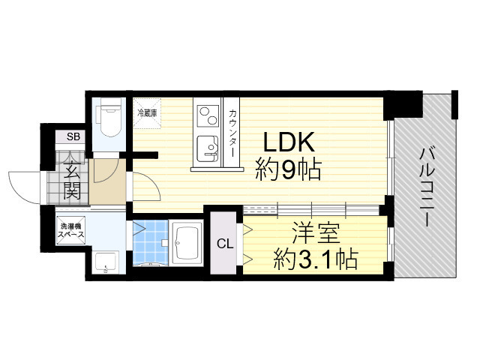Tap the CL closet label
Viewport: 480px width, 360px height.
coord(224,243)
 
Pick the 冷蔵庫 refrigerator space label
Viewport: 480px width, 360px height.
coord(147,113)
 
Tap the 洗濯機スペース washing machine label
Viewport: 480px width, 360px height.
coord(72,230)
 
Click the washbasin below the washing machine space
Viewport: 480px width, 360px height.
coord(107,263)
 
